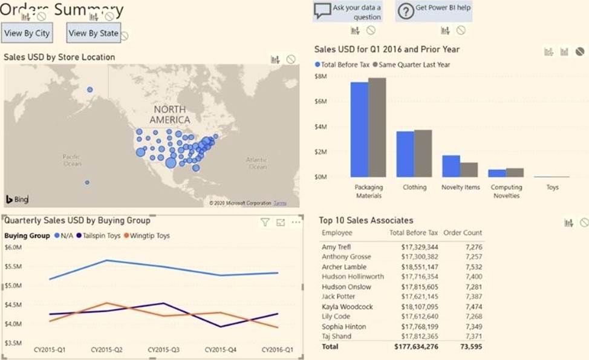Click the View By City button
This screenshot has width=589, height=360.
(26, 33)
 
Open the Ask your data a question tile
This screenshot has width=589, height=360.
(348, 11)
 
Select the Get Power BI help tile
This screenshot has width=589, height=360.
(433, 11)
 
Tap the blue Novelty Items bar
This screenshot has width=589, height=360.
(451, 166)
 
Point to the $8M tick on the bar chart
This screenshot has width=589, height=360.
(321, 76)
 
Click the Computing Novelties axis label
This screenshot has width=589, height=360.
(506, 191)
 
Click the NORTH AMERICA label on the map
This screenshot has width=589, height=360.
(170, 114)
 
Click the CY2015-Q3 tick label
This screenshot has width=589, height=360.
(163, 350)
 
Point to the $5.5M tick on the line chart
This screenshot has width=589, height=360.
(13, 266)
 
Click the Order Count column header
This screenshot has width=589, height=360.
(463, 232)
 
